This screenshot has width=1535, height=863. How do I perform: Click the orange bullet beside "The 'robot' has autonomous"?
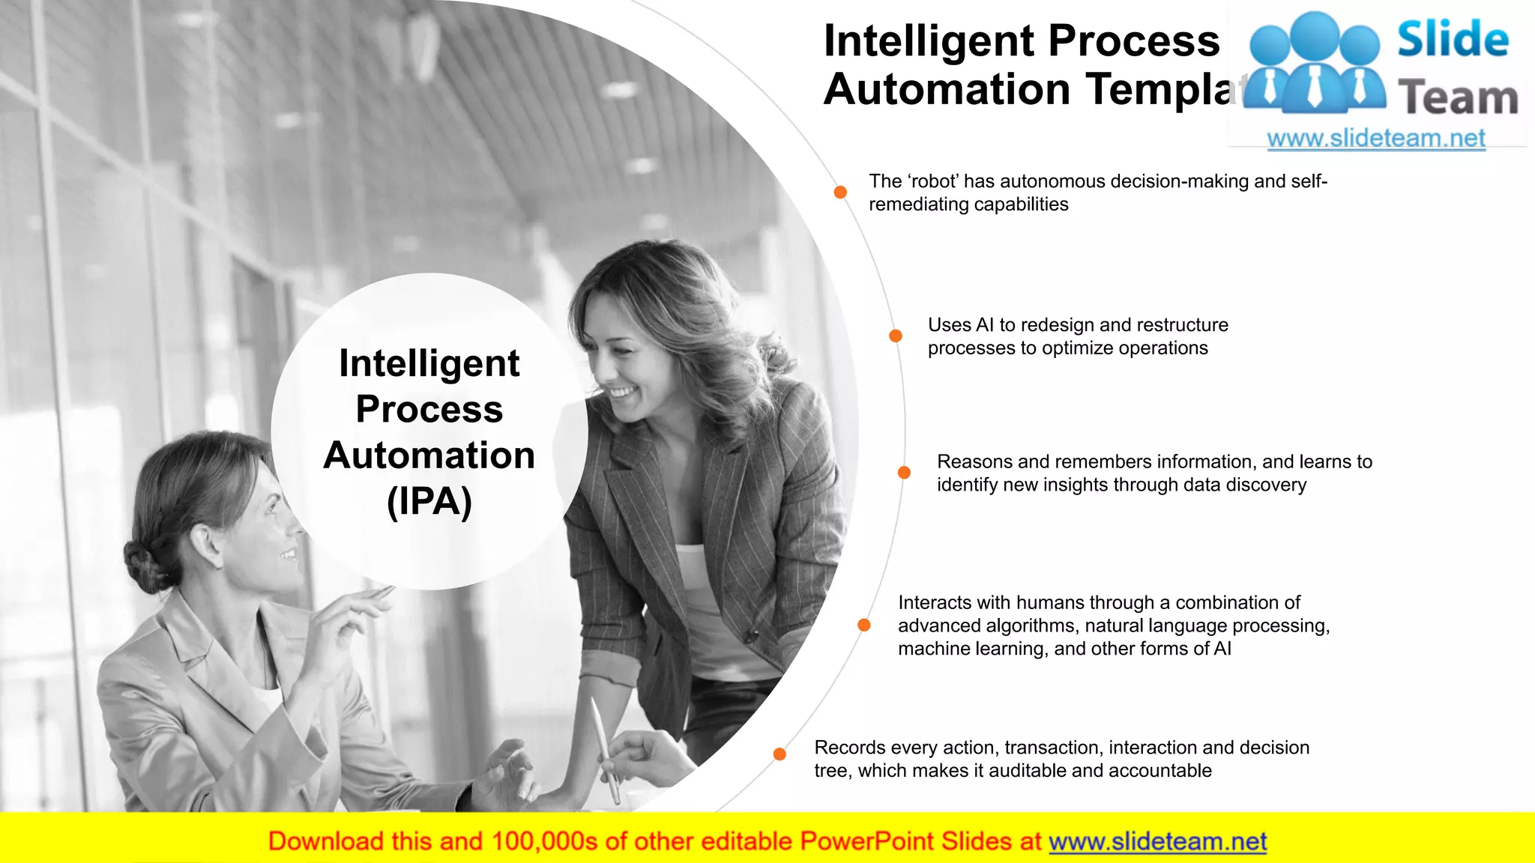point(840,193)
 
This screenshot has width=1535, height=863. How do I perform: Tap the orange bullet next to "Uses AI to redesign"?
point(896,336)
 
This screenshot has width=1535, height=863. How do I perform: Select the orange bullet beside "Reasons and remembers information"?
point(904,473)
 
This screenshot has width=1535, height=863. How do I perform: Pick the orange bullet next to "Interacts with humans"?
point(864,625)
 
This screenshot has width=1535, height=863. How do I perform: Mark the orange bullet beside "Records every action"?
point(779,754)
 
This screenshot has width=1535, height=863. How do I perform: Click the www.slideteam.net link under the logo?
point(1376,139)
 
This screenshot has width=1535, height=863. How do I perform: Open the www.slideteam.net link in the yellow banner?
point(1157,842)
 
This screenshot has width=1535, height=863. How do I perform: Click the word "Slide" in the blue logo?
point(1453,40)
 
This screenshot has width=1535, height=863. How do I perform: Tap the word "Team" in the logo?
point(1458,98)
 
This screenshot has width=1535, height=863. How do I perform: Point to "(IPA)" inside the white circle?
point(429,502)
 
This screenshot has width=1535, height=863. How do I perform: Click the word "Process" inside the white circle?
point(429,409)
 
